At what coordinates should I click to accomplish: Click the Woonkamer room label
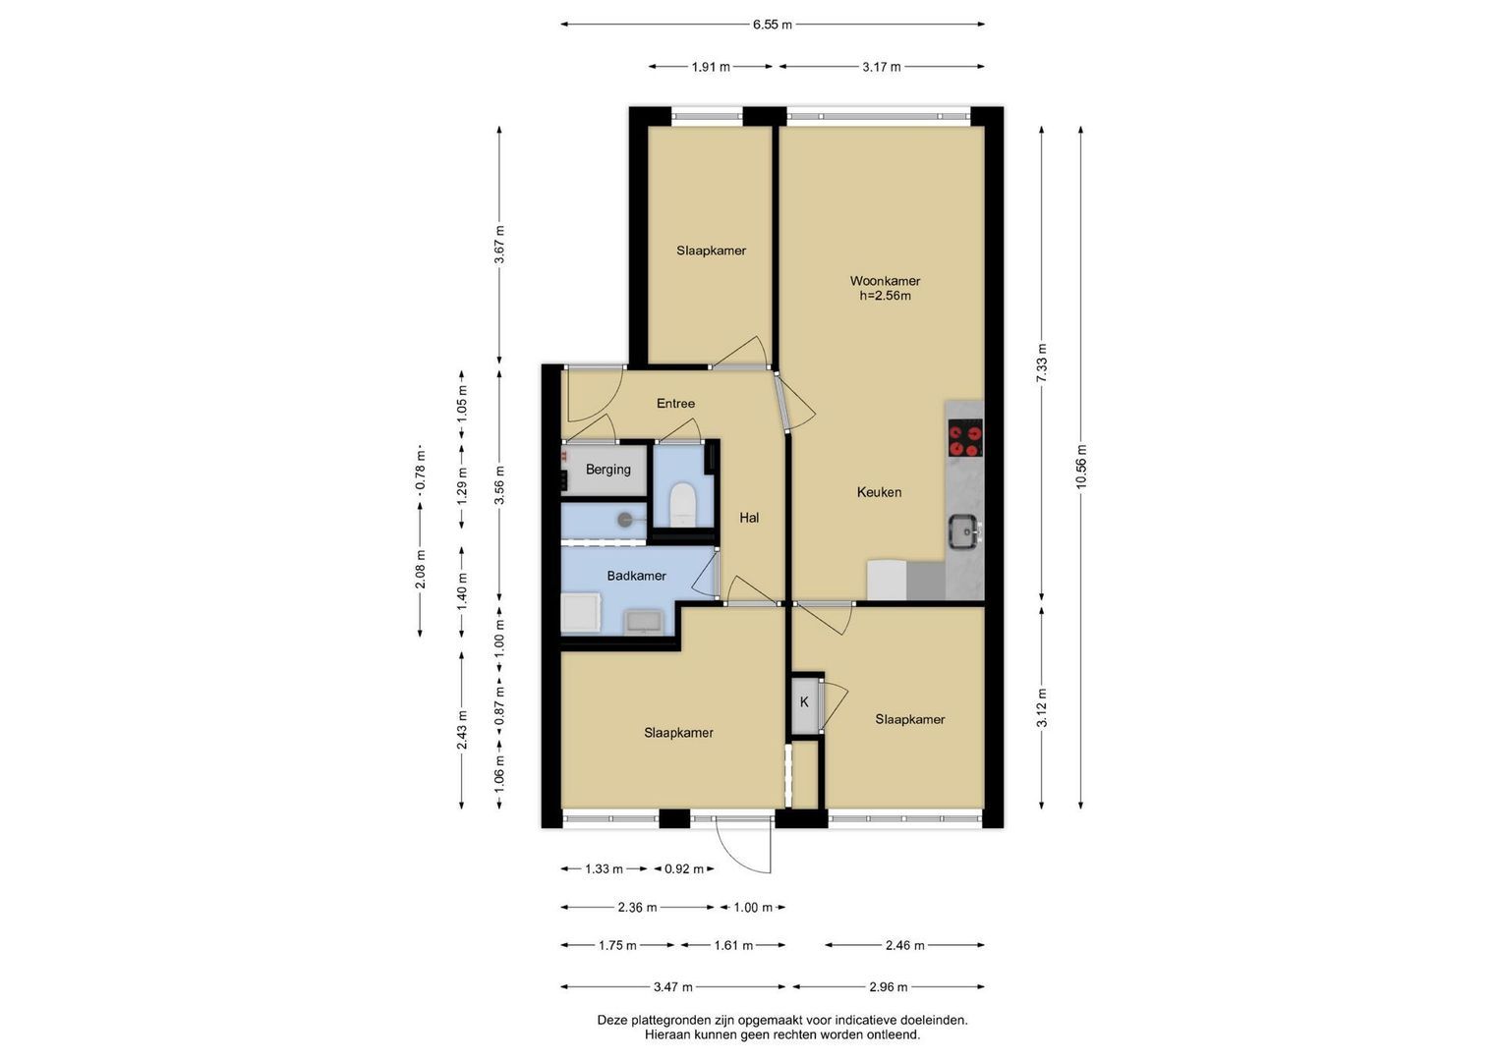point(885,281)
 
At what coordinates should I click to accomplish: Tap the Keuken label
point(879,492)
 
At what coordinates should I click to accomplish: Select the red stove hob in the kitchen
point(965,438)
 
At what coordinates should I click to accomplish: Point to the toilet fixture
point(684,504)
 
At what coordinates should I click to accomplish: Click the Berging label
point(607,470)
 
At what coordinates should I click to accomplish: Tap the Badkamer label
point(637,576)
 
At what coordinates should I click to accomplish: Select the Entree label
point(675,403)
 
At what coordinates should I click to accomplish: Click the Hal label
point(749,518)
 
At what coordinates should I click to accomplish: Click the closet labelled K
point(804,702)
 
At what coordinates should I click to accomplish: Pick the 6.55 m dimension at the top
point(772,25)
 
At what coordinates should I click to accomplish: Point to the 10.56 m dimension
point(1081,467)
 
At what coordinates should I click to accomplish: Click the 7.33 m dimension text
point(1041,363)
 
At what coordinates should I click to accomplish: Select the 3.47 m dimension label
point(672,986)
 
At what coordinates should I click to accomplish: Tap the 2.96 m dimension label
point(888,986)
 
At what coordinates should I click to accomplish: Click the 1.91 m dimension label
point(711,67)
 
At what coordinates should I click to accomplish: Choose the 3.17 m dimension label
point(881,67)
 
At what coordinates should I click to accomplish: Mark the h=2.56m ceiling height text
point(886,296)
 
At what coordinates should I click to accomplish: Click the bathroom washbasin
point(643,622)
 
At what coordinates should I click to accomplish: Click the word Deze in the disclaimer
point(611,1020)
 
